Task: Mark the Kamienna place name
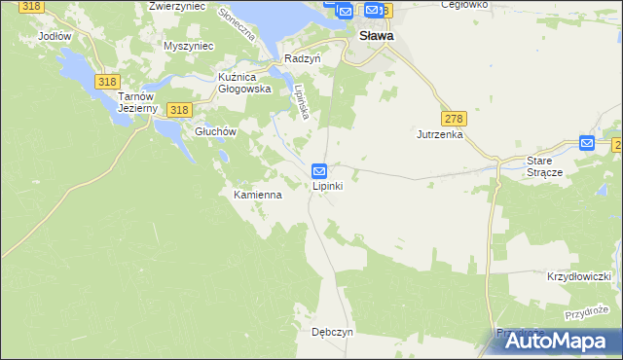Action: pos(257,195)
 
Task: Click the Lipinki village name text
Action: pos(326,187)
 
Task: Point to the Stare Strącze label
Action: pos(545,165)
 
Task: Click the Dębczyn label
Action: pos(332,331)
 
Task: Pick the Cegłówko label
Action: pos(462,5)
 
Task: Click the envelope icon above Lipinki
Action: pos(318,170)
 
